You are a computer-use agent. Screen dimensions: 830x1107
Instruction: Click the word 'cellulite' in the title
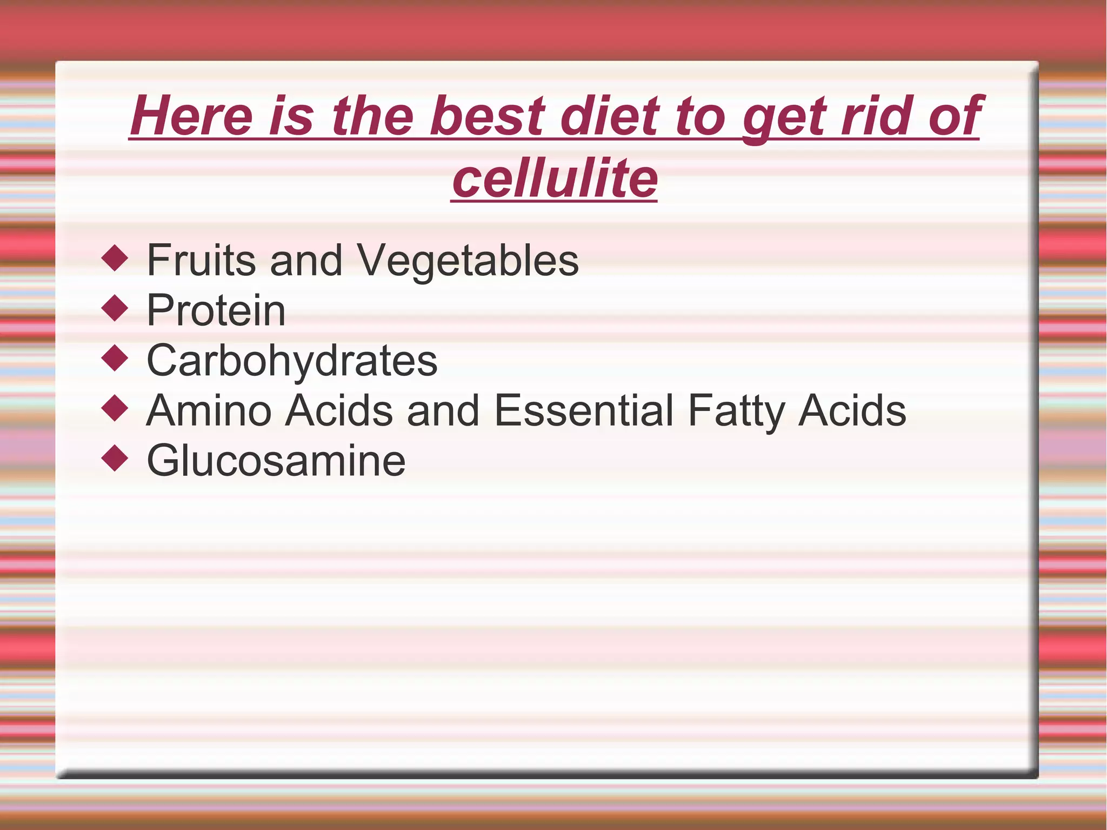[x=554, y=178]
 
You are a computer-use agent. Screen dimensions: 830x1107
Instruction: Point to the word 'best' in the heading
[x=487, y=116]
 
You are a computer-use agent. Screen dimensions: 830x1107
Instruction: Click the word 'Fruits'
[x=201, y=261]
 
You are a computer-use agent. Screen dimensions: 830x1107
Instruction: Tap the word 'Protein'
[x=216, y=311]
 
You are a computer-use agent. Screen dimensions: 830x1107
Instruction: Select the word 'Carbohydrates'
[x=292, y=361]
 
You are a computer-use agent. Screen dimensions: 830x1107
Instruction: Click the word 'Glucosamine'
[x=276, y=461]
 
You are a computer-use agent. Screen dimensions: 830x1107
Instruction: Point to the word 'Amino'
[x=209, y=410]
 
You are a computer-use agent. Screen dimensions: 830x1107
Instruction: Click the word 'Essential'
[x=584, y=410]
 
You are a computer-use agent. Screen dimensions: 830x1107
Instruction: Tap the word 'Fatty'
[x=736, y=411]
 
